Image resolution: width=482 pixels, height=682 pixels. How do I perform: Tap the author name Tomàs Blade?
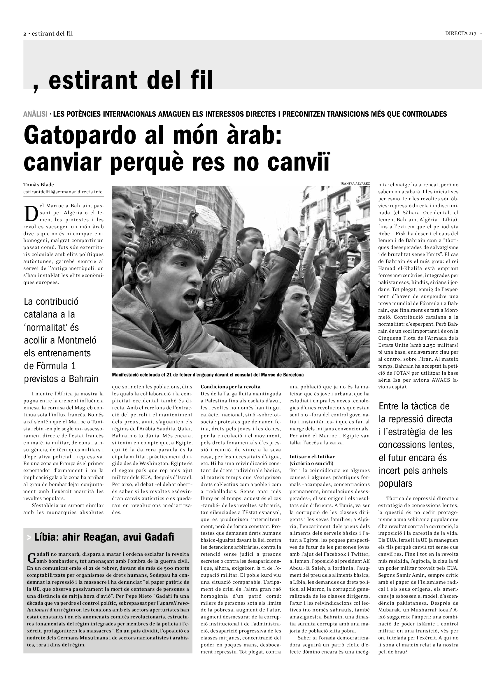click(38, 185)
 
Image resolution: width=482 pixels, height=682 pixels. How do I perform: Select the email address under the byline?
click(63, 192)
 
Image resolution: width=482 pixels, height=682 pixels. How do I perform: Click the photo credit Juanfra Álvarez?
click(355, 184)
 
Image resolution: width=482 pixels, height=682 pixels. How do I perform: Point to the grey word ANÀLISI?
click(35, 114)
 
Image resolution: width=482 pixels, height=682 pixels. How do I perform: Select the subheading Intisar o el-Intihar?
click(312, 457)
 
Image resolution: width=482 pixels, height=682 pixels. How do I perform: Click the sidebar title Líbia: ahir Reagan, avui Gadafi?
click(104, 537)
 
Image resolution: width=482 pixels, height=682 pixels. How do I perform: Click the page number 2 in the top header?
click(25, 34)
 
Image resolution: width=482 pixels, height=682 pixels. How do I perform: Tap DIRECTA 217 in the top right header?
click(460, 34)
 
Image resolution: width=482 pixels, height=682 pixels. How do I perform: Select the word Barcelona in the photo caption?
click(293, 375)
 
